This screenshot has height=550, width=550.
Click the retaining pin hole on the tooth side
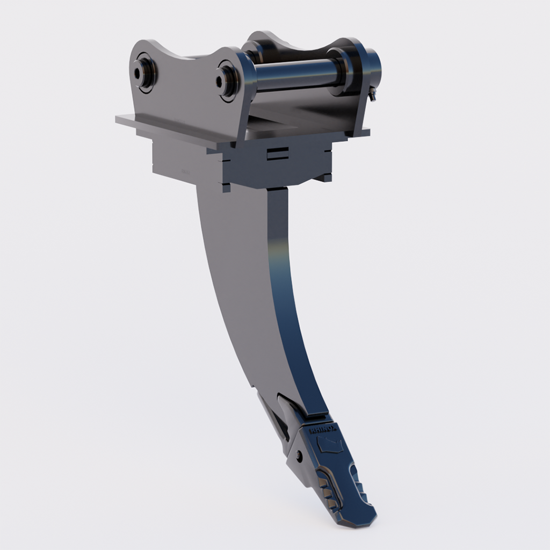[298, 456]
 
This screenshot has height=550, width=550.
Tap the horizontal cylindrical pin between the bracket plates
[295, 72]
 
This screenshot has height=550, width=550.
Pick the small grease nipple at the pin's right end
[373, 95]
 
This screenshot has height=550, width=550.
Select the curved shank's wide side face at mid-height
[242, 279]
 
